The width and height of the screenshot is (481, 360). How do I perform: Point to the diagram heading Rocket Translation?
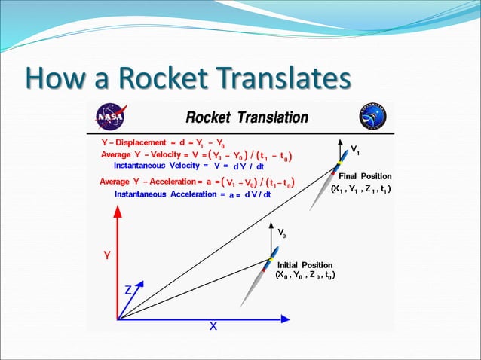pyautogui.click(x=247, y=117)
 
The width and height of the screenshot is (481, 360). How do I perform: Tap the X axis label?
pyautogui.click(x=213, y=326)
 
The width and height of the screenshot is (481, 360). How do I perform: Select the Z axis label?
pyautogui.click(x=129, y=290)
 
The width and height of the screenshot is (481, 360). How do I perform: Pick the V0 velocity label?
pyautogui.click(x=282, y=234)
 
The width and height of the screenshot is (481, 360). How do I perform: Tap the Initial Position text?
pyautogui.click(x=305, y=265)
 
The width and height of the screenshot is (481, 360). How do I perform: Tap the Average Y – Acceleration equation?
pyautogui.click(x=197, y=182)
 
